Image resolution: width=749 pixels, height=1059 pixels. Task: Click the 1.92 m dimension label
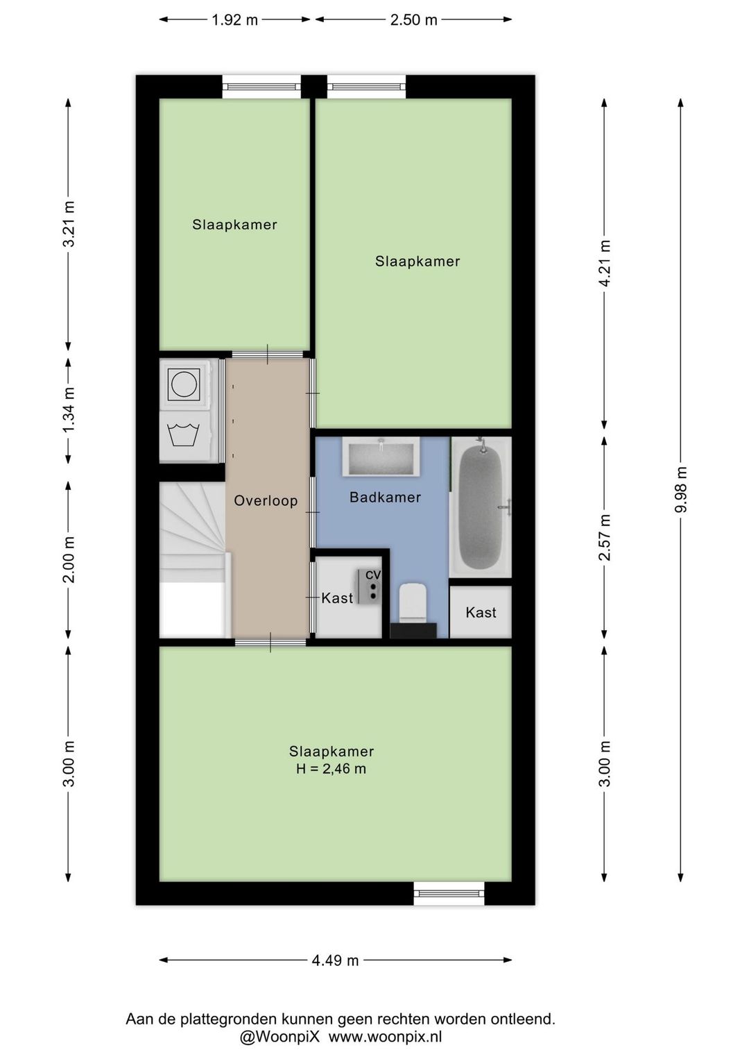tap(234, 20)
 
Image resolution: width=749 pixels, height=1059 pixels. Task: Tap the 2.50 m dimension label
tap(413, 20)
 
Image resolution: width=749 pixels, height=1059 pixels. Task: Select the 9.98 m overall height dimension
tap(680, 489)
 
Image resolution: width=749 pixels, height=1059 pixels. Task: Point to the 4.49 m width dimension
tap(335, 960)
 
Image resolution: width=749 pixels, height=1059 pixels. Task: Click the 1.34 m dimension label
tap(69, 409)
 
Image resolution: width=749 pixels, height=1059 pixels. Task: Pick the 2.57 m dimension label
tap(604, 537)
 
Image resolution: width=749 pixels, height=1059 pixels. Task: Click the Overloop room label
tap(266, 500)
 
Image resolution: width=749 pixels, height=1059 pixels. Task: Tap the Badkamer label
tap(385, 497)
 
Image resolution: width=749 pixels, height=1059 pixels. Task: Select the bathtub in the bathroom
tap(481, 507)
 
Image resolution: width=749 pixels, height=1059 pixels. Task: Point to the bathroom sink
tap(381, 456)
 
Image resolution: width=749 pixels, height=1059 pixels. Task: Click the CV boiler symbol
tap(369, 586)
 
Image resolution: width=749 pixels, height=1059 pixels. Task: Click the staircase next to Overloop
tap(193, 559)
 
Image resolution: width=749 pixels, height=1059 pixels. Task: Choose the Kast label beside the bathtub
tap(481, 612)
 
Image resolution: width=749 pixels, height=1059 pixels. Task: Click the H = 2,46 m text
tap(331, 769)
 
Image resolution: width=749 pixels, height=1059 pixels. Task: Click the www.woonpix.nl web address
tap(385, 1037)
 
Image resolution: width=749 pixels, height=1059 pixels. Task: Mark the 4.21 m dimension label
tap(604, 262)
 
